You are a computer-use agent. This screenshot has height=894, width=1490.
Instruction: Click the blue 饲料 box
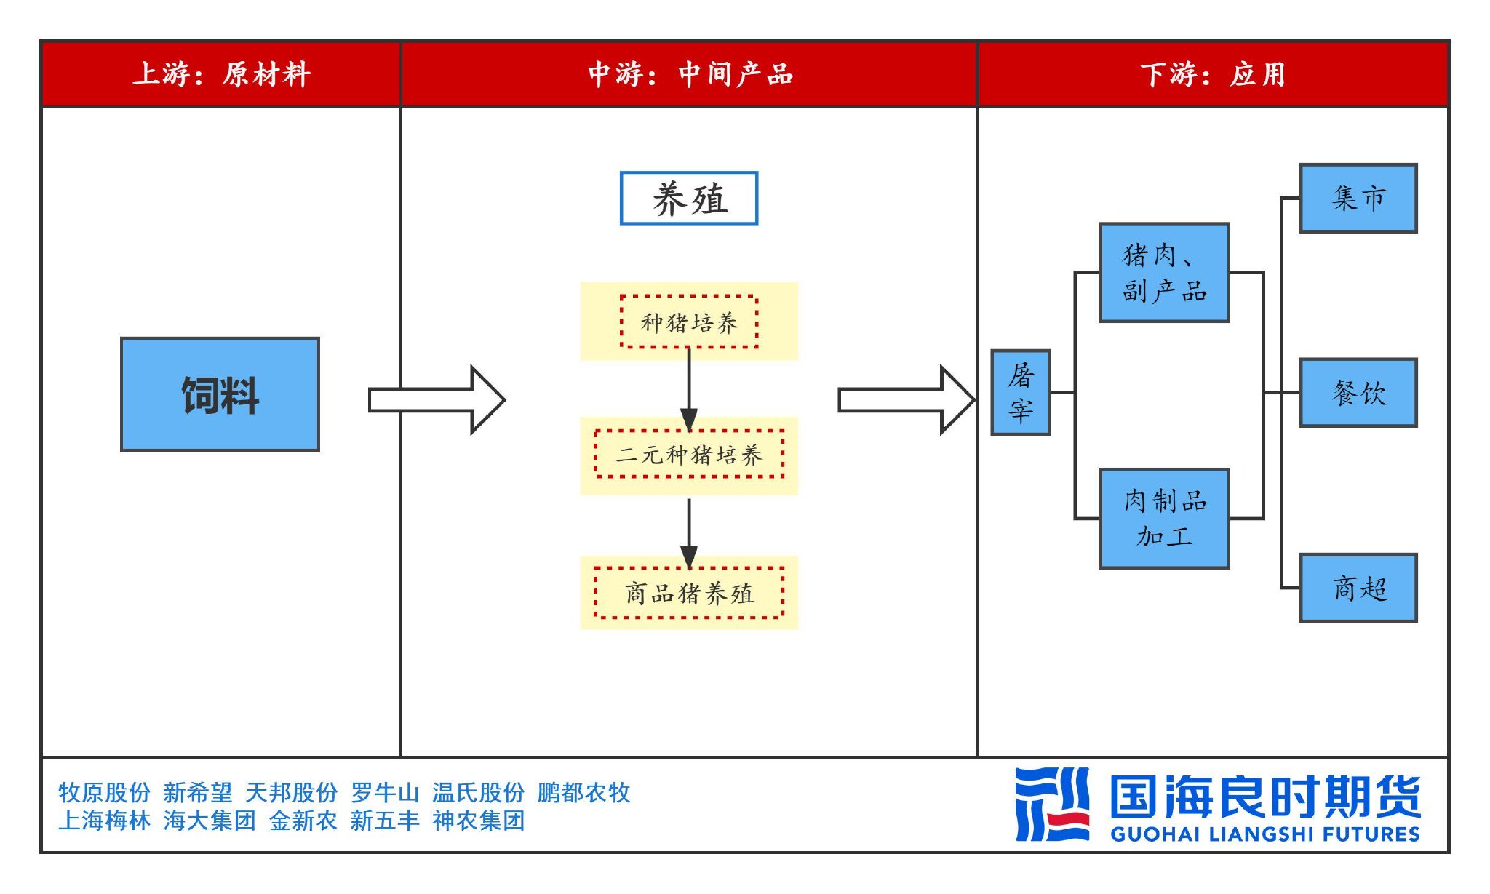pyautogui.click(x=220, y=394)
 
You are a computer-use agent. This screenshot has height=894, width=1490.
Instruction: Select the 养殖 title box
pyautogui.click(x=688, y=198)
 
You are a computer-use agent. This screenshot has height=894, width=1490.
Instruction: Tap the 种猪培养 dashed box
pyautogui.click(x=689, y=322)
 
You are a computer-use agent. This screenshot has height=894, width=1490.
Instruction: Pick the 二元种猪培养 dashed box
pyautogui.click(x=689, y=454)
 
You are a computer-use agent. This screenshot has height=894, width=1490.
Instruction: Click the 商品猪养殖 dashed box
pyautogui.click(x=689, y=592)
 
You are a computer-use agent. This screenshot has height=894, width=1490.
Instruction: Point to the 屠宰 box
pyautogui.click(x=1021, y=393)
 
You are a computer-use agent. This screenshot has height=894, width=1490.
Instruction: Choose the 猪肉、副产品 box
pyautogui.click(x=1164, y=273)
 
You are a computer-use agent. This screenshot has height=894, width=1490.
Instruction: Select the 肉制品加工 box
pyautogui.click(x=1164, y=519)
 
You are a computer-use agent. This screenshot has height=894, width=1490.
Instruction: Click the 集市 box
pyautogui.click(x=1358, y=198)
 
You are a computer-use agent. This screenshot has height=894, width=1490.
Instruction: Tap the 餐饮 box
pyautogui.click(x=1358, y=393)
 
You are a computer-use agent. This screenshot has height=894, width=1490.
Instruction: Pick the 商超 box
pyautogui.click(x=1358, y=588)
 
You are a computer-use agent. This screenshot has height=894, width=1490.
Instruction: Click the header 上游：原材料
pyautogui.click(x=221, y=74)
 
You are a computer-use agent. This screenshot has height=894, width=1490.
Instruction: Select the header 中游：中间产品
pyautogui.click(x=690, y=74)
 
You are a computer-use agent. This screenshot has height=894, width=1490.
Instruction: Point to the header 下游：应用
pyautogui.click(x=1213, y=74)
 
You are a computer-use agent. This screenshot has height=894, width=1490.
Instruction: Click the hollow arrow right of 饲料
pyautogui.click(x=437, y=399)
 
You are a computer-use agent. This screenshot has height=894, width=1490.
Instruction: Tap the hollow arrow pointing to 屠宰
pyautogui.click(x=907, y=399)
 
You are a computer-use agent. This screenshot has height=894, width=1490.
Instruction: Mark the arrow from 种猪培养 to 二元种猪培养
pyautogui.click(x=689, y=389)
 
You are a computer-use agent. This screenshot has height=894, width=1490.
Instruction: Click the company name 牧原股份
pyautogui.click(x=104, y=792)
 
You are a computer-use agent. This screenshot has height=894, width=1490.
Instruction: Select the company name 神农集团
pyautogui.click(x=478, y=821)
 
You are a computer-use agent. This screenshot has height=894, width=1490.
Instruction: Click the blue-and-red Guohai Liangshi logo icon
pyautogui.click(x=1052, y=804)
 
